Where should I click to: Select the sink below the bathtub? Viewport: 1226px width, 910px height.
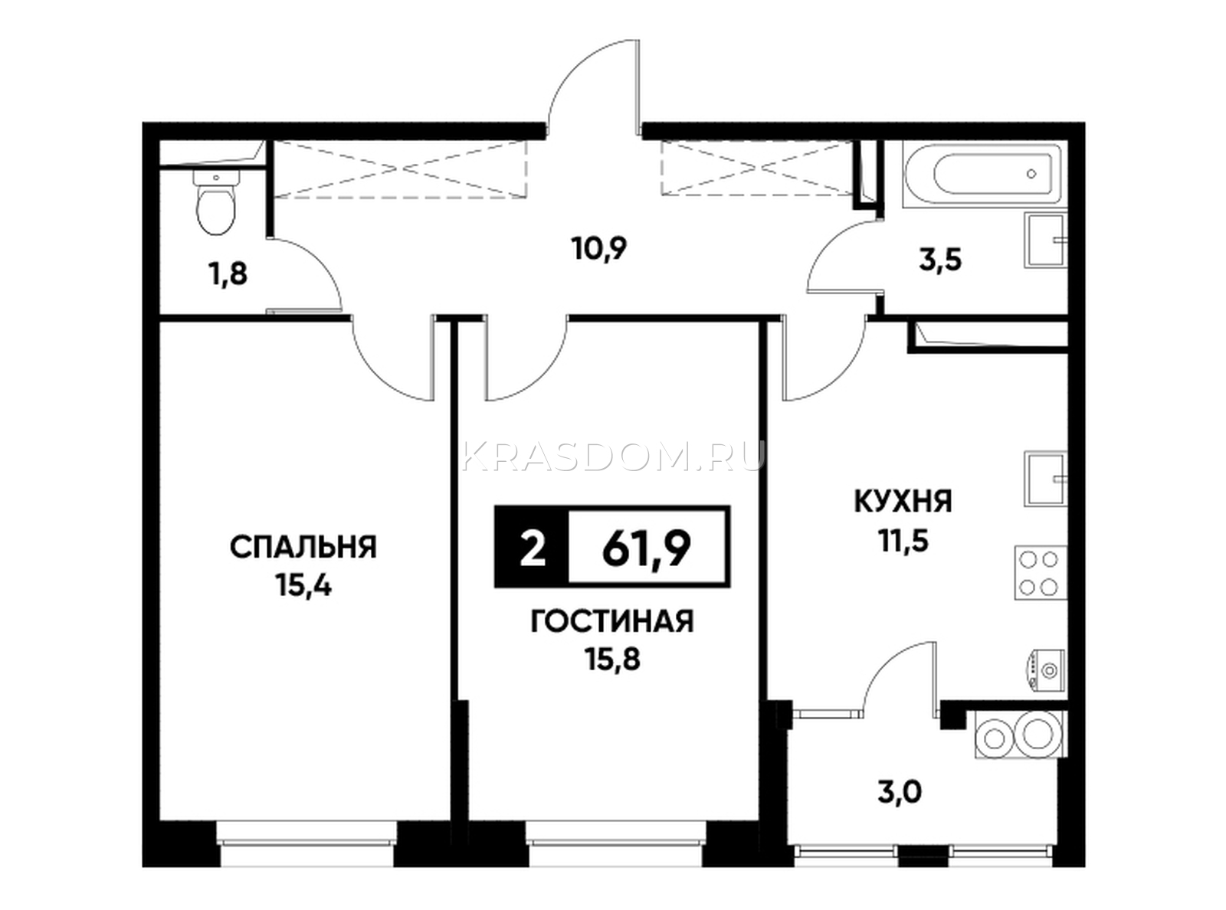click(1045, 241)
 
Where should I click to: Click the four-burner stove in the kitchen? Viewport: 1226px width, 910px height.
click(1040, 573)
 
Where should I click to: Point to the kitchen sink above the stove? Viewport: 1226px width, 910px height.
click(1045, 479)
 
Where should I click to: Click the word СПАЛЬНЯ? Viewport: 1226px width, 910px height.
click(303, 548)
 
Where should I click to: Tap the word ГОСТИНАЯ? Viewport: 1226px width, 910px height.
click(612, 621)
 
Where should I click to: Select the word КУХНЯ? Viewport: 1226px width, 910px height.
click(903, 502)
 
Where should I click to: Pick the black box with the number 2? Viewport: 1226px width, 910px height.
click(531, 546)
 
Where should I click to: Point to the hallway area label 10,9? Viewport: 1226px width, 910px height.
click(599, 249)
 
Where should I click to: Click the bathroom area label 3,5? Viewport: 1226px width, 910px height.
click(940, 260)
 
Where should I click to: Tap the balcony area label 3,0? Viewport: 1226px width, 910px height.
click(900, 794)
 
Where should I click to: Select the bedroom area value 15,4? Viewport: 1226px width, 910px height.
click(304, 586)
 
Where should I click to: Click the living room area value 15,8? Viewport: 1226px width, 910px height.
click(613, 659)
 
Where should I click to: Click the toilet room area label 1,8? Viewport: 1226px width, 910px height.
click(228, 273)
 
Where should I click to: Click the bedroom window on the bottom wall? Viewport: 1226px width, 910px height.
click(306, 852)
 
